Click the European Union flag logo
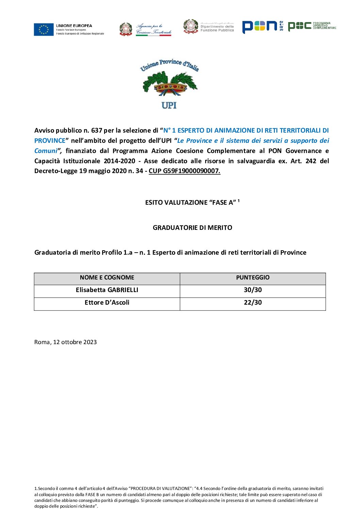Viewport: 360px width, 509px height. coord(44,29)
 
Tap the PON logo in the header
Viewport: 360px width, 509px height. coord(260,27)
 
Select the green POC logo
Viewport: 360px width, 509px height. coord(299,26)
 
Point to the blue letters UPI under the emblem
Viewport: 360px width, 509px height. coord(169,105)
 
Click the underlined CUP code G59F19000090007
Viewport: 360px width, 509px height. coord(184,171)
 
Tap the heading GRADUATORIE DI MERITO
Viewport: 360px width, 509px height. coord(192,228)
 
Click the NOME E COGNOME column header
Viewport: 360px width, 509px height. coord(107,278)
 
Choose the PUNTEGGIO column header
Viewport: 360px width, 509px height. coord(252,278)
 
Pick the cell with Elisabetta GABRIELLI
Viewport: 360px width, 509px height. coord(107,290)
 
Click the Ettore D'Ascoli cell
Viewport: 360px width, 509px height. coord(107,303)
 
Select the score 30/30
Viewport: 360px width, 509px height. coord(252,290)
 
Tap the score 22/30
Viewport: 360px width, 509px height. coord(252,303)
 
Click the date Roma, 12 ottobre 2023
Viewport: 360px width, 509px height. coord(65,342)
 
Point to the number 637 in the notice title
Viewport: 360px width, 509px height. coord(97,131)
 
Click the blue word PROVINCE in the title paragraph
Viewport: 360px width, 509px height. coord(50,141)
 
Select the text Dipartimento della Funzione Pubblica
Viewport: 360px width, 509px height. coord(217,28)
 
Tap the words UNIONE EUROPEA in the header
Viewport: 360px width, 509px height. coord(74,26)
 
